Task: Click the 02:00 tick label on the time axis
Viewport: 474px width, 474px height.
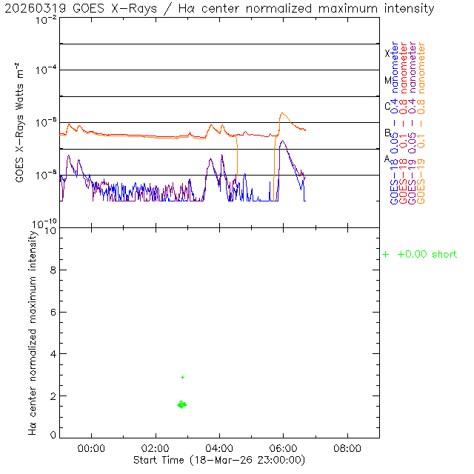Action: pyautogui.click(x=156, y=448)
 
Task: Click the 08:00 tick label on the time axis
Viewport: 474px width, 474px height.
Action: pyautogui.click(x=347, y=448)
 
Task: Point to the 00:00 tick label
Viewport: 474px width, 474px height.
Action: pyautogui.click(x=92, y=448)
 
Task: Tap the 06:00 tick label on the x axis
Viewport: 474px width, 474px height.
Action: pyautogui.click(x=284, y=448)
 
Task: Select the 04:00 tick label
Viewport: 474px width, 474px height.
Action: pyautogui.click(x=220, y=448)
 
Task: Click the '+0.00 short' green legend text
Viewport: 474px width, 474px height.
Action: pyautogui.click(x=427, y=255)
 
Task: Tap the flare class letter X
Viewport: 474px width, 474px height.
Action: pyautogui.click(x=387, y=53)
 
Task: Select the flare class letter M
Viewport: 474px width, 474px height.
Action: pyautogui.click(x=387, y=80)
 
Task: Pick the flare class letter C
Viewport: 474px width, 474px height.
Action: pyautogui.click(x=387, y=106)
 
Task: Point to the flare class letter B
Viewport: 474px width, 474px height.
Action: pyautogui.click(x=387, y=133)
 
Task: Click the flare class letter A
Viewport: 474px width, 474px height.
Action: pyautogui.click(x=387, y=158)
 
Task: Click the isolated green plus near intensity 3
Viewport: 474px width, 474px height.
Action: pyautogui.click(x=182, y=377)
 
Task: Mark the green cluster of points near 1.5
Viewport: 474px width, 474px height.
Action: pyautogui.click(x=181, y=404)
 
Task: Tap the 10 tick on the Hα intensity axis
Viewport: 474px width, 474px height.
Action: pyautogui.click(x=49, y=230)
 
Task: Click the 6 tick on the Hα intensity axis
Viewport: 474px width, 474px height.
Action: pyautogui.click(x=52, y=313)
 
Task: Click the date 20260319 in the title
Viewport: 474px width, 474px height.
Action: pyautogui.click(x=28, y=9)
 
